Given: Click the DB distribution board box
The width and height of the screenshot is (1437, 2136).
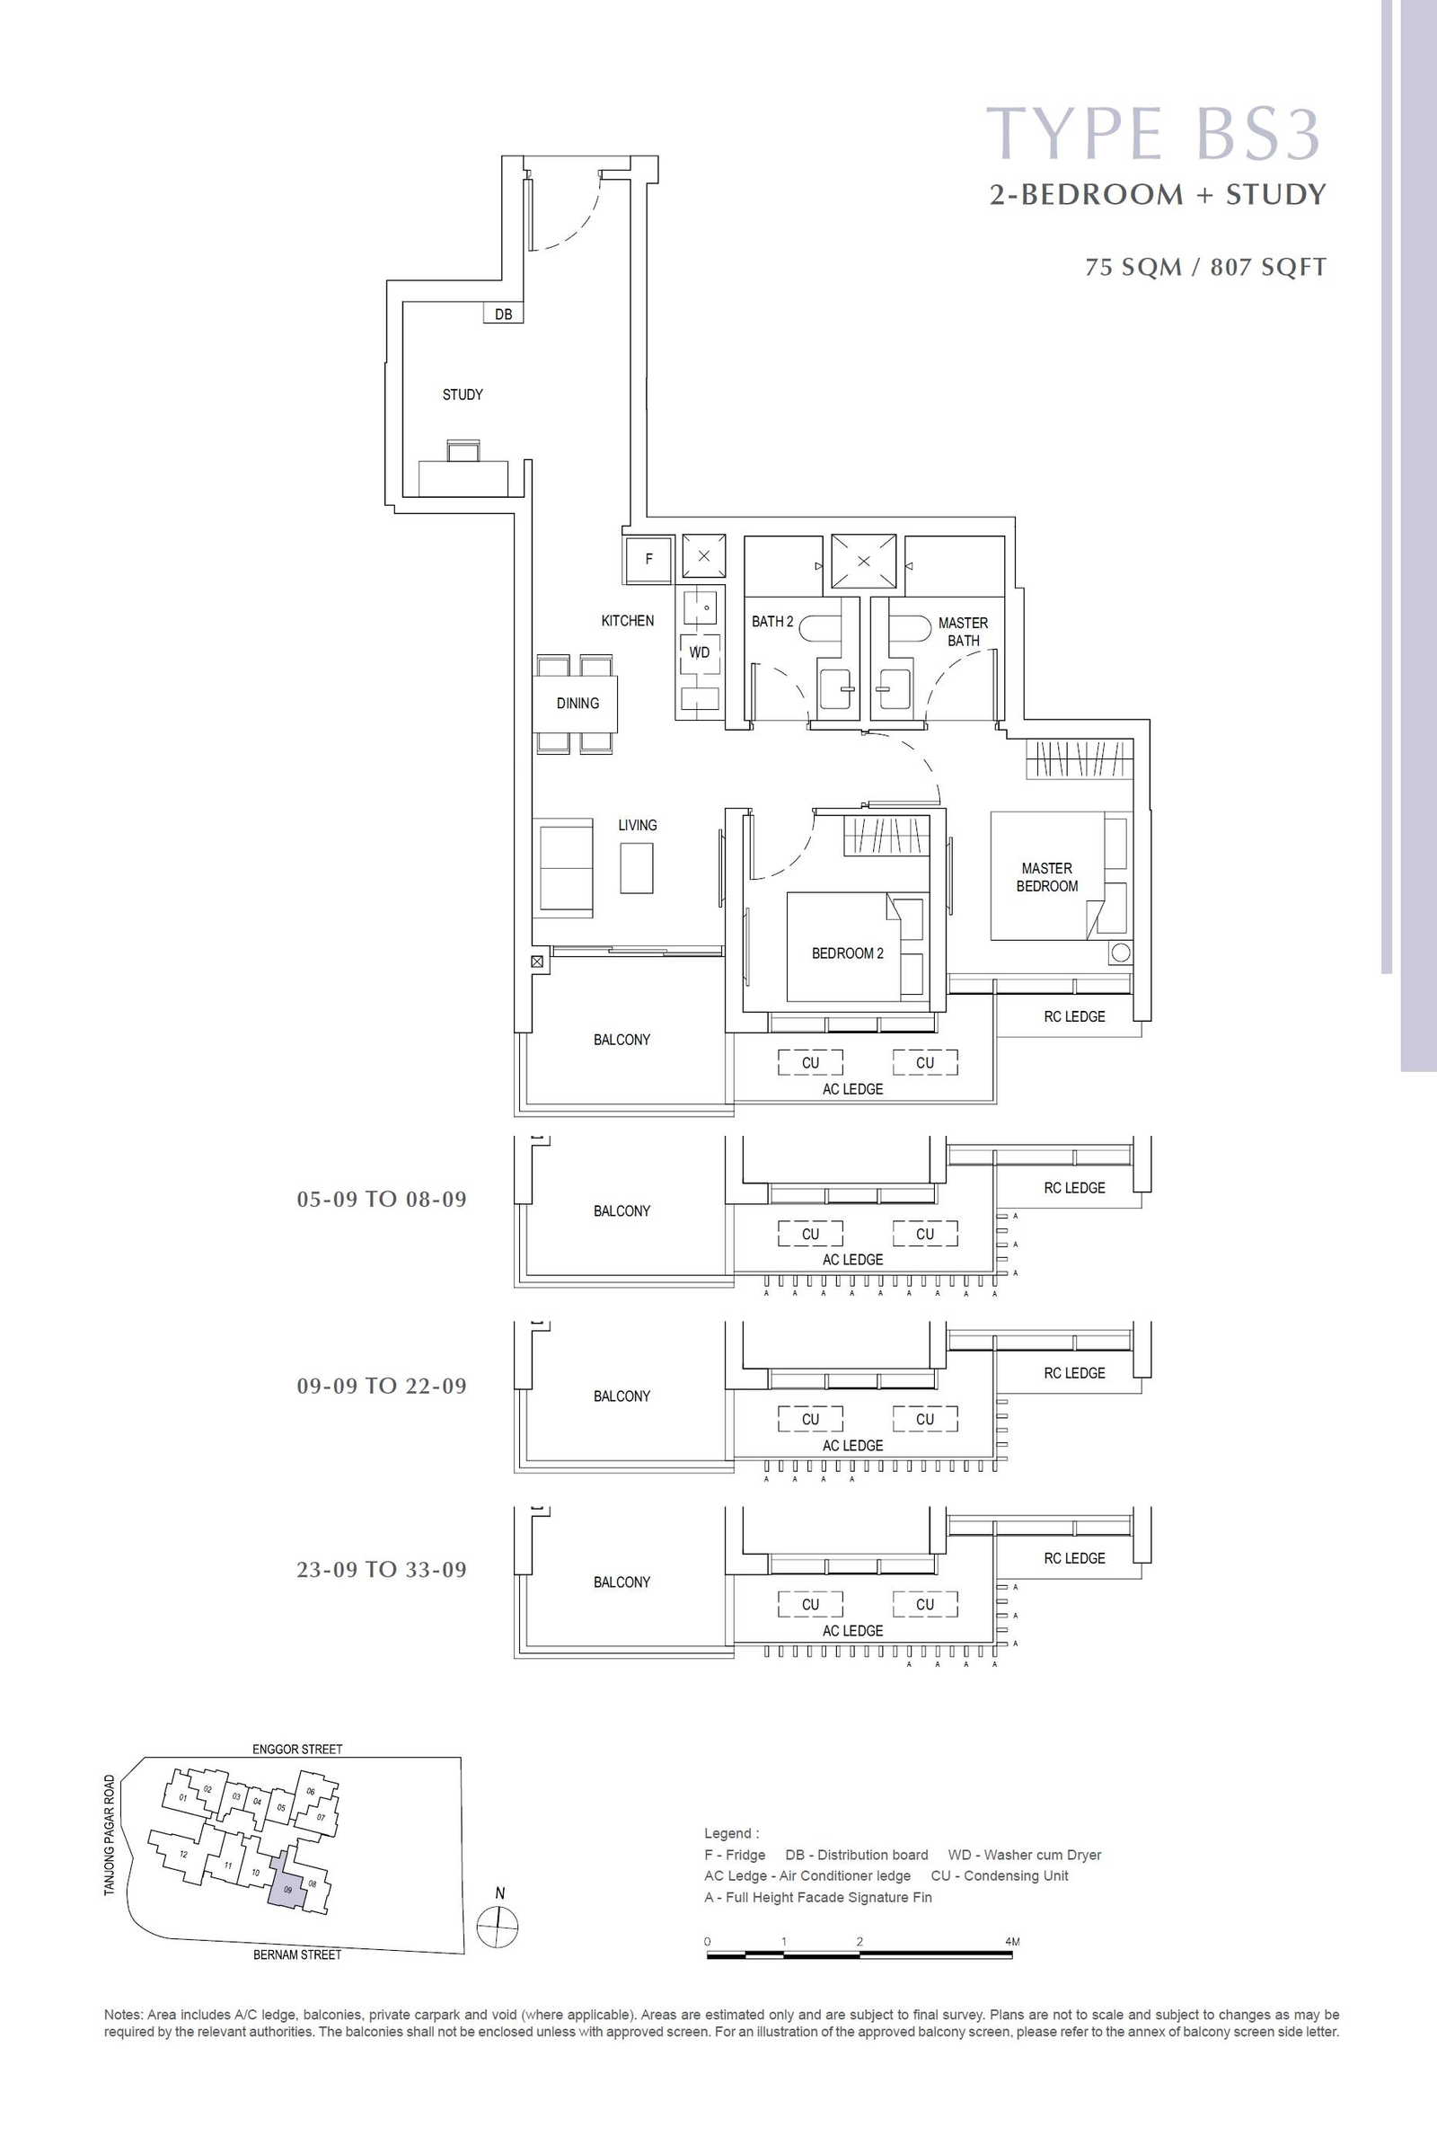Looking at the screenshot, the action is point(503,314).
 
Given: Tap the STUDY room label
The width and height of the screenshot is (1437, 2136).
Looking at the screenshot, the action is point(463,394).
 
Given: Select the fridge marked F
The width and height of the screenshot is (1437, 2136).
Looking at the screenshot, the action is point(648,558).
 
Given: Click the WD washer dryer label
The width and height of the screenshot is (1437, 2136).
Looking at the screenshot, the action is point(700,652).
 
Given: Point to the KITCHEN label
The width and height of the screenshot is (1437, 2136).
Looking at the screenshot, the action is point(628,621).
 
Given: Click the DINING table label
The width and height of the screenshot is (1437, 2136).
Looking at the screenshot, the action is point(577,703).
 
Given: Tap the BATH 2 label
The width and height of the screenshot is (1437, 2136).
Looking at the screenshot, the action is point(772,622).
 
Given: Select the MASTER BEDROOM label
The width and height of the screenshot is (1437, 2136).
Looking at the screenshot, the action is point(1046,877).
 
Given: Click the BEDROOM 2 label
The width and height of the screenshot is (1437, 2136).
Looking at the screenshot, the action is point(848,953).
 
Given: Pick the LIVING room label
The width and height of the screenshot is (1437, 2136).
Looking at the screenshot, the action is point(637,825).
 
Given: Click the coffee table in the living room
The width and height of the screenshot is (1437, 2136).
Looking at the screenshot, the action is point(637,868).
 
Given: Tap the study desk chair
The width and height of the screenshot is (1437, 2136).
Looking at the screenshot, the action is point(463,450).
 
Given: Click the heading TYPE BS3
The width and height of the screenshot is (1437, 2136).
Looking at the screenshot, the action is point(1153,134).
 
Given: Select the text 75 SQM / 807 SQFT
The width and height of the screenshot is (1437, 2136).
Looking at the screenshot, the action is point(1205,267).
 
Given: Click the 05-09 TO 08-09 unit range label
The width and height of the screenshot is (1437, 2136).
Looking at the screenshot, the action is point(381,1199).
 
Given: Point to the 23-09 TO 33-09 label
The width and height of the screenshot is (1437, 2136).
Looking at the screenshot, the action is point(381,1570).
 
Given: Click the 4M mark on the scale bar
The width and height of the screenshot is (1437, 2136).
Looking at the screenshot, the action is point(1012,1942).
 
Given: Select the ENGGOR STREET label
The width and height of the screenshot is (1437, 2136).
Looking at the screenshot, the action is point(297,1749).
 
